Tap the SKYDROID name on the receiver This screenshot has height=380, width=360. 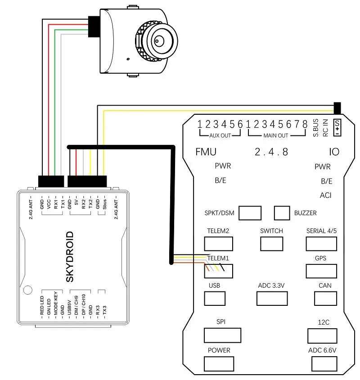70,256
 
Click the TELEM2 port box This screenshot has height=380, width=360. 219,243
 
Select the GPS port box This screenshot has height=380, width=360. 321,271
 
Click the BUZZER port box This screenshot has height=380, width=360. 282,213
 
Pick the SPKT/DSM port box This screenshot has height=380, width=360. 250,213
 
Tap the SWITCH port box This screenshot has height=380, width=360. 272,243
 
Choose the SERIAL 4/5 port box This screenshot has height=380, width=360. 321,243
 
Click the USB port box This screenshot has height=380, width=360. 215,298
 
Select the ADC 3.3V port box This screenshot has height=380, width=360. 271,298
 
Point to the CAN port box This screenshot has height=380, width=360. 325,298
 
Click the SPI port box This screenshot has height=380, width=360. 222,335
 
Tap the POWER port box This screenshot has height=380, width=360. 219,363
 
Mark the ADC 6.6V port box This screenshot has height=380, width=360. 322,363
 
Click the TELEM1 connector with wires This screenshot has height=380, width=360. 219,271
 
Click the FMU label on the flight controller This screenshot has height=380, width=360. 206,152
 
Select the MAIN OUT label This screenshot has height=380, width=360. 276,135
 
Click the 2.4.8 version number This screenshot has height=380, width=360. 271,152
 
